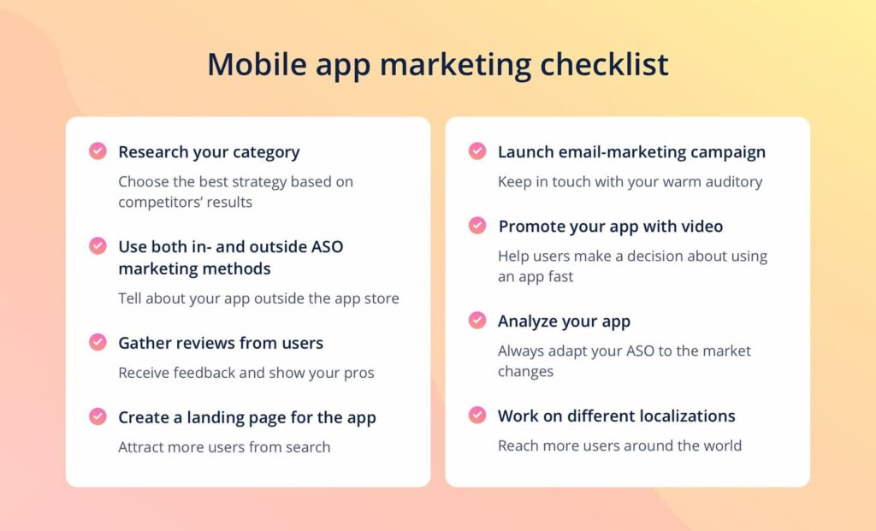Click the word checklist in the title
point(604,63)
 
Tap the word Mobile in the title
point(257,63)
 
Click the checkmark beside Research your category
point(98,150)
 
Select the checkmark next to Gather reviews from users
point(98,342)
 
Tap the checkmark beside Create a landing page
point(98,416)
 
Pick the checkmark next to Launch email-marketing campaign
point(477,150)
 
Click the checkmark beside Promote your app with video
point(477,225)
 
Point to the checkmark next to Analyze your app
point(477,320)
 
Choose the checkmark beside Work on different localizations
point(477,415)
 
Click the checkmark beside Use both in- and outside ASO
point(98,245)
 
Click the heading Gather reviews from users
point(221,343)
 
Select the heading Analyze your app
point(565,322)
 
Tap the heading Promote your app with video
point(611,227)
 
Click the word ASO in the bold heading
point(327,247)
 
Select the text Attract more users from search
point(225,447)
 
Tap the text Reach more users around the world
point(619,445)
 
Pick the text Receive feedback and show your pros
point(246,373)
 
